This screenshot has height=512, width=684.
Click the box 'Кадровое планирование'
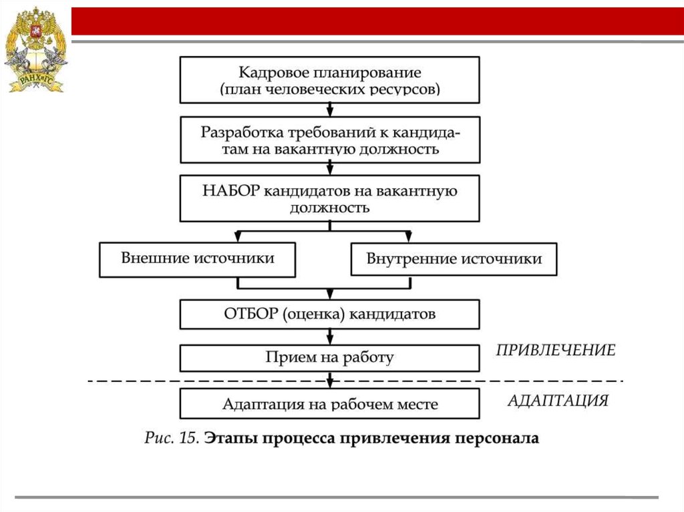(x=329, y=79)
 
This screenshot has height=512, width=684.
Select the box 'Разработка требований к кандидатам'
(x=329, y=140)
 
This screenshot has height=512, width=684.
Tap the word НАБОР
(x=230, y=191)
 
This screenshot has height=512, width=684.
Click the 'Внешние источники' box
(x=197, y=259)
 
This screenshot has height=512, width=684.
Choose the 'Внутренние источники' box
(x=454, y=259)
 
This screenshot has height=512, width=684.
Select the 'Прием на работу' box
(x=329, y=357)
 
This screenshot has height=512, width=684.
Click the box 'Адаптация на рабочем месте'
(x=329, y=404)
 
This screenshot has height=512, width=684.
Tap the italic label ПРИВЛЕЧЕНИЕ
(x=556, y=350)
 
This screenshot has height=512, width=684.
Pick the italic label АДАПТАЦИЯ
(x=558, y=401)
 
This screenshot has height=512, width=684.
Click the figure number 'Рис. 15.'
(x=171, y=439)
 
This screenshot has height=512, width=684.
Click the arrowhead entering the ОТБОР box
(x=329, y=295)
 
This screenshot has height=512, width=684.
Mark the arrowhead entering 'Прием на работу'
(x=329, y=340)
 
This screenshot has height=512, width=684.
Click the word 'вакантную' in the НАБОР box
(x=417, y=192)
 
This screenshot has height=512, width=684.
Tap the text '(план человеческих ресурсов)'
(x=329, y=89)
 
